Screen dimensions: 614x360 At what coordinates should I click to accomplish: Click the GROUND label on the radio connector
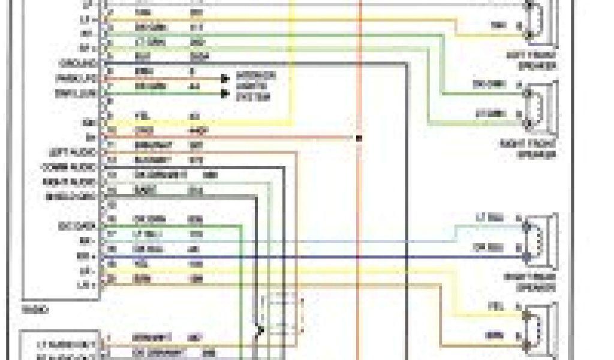(78, 63)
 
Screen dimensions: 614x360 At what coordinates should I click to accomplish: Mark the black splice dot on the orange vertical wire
(359, 138)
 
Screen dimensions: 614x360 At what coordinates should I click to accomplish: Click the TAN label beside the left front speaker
(498, 25)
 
